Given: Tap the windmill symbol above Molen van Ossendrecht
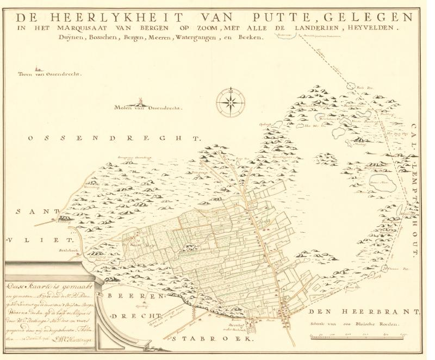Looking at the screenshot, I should [140, 101].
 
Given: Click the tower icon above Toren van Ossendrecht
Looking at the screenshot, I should [37, 69].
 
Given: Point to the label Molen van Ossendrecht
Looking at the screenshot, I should [148, 108].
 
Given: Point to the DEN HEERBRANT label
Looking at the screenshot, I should [364, 314].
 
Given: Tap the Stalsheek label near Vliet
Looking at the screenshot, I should [65, 251].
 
